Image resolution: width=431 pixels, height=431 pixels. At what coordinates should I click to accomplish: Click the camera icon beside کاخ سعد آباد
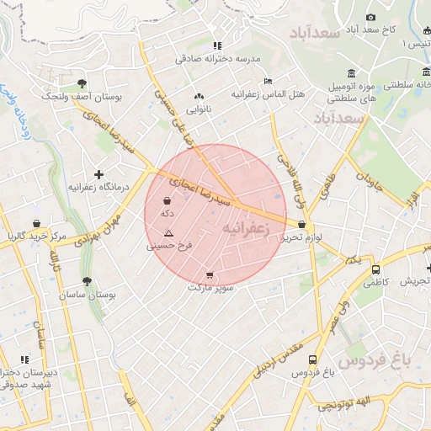370,17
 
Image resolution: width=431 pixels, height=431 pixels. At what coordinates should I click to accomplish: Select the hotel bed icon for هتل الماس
269,81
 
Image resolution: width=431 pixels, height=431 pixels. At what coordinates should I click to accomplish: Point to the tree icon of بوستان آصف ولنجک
81,83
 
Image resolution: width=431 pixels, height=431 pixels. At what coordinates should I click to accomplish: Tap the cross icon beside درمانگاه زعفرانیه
99,174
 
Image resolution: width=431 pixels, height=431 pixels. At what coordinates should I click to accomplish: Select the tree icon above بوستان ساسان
87,282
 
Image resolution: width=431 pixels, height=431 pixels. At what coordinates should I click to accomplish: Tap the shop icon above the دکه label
167,201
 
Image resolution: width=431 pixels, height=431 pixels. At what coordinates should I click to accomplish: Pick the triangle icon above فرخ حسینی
169,232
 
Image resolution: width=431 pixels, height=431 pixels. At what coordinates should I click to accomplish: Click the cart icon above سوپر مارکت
209,275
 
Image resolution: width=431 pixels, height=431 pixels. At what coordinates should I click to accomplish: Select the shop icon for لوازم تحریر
301,224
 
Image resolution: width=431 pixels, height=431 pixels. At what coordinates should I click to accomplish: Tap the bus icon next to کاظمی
375,269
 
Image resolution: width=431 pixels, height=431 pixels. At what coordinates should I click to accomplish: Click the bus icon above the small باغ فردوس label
313,359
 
